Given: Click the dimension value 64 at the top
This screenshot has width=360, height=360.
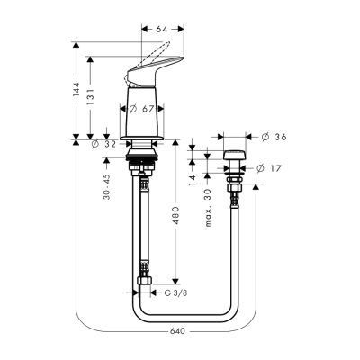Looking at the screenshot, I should pyautogui.click(x=162, y=30).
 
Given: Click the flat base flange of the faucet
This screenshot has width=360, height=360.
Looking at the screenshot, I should pyautogui.click(x=144, y=139).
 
